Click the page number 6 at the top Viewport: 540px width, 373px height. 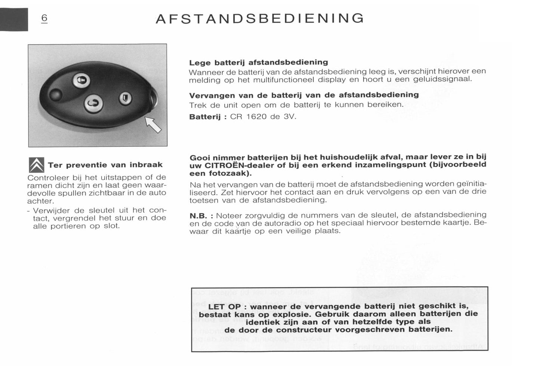(44, 18)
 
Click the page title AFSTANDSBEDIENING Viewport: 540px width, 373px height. (259, 19)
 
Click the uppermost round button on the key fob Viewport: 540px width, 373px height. (81, 80)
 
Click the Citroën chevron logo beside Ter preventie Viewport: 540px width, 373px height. (37, 165)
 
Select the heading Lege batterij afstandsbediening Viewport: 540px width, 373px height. (259, 62)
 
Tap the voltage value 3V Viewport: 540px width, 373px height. (289, 117)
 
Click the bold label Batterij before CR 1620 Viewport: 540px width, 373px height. (205, 117)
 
